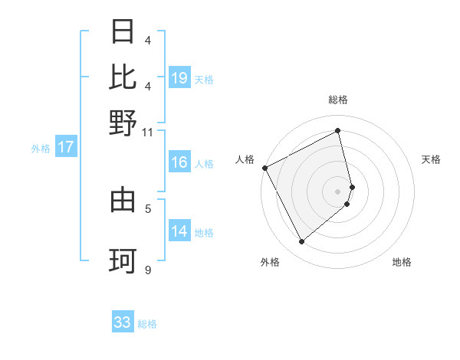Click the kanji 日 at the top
(x=123, y=32)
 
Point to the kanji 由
(x=123, y=201)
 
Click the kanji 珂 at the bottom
(x=123, y=261)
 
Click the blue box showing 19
(x=179, y=77)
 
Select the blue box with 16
(x=179, y=162)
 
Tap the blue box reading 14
(x=179, y=231)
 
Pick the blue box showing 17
(x=66, y=147)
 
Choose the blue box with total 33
(x=123, y=322)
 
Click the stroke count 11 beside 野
(x=147, y=132)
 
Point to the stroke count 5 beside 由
(x=148, y=208)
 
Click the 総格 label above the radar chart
(x=338, y=100)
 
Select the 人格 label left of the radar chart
(x=245, y=159)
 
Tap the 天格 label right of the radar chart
(x=431, y=159)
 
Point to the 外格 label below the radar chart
(x=270, y=263)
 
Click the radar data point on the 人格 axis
(x=264, y=168)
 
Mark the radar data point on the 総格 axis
(x=338, y=131)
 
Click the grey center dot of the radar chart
(x=338, y=190)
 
